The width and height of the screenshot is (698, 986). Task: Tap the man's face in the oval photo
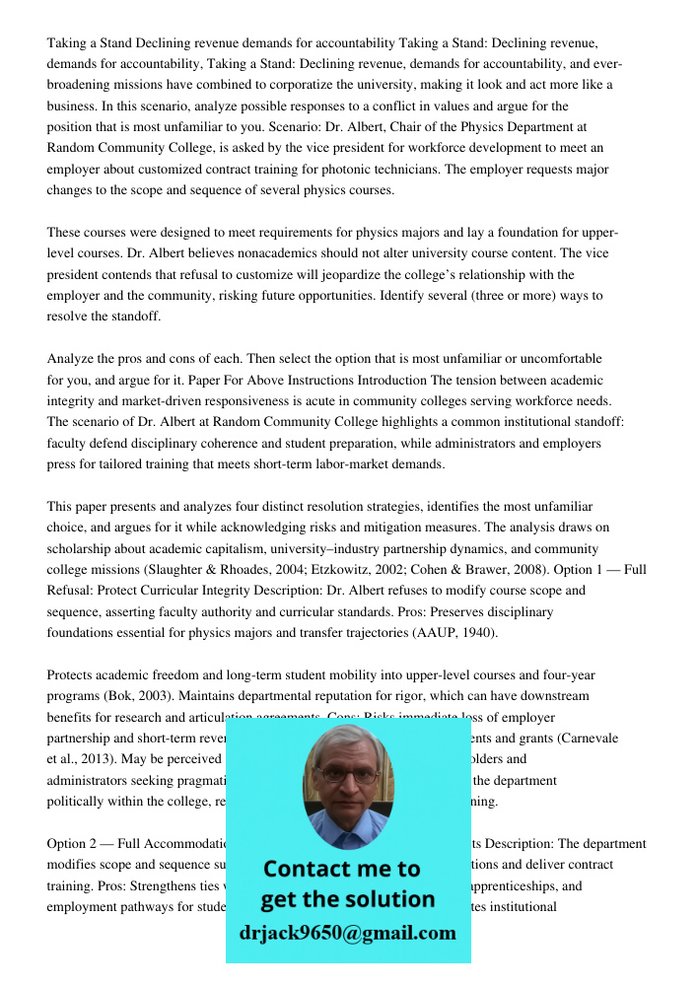tap(347, 779)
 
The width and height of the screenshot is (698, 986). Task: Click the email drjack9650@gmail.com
tap(347, 933)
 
